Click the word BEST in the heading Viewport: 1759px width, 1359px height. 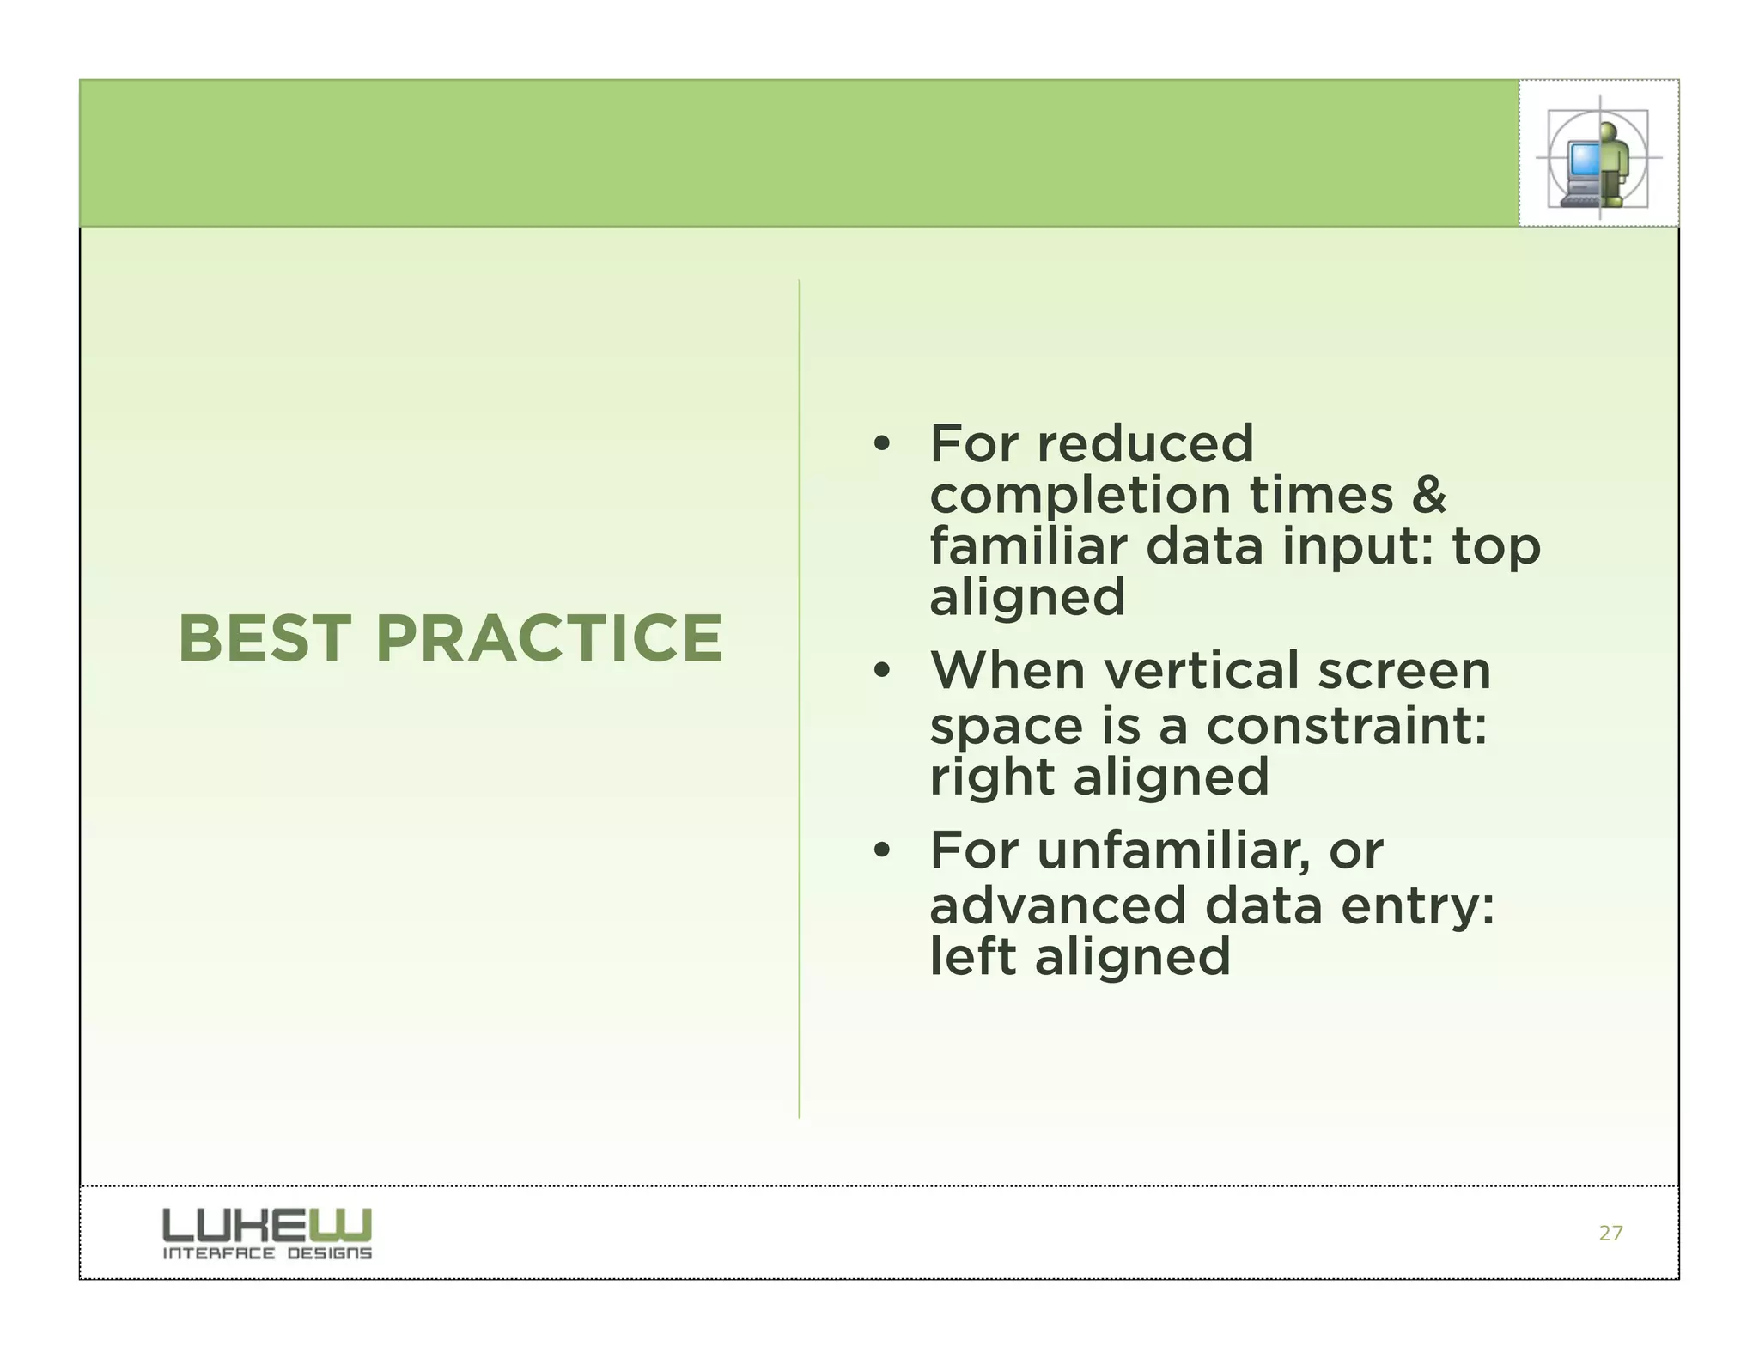coord(264,639)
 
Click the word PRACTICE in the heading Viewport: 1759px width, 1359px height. coord(549,639)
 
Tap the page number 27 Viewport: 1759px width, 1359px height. coord(1610,1234)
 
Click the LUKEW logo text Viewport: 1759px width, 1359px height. coord(267,1224)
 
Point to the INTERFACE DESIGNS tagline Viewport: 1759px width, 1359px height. coord(267,1253)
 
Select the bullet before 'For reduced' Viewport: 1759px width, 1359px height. coord(880,445)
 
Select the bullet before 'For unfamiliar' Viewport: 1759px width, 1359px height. coord(880,851)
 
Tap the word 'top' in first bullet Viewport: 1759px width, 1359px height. coord(1496,548)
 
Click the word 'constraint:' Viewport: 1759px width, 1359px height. coord(1346,727)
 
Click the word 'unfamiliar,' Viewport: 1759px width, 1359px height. coord(1173,850)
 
